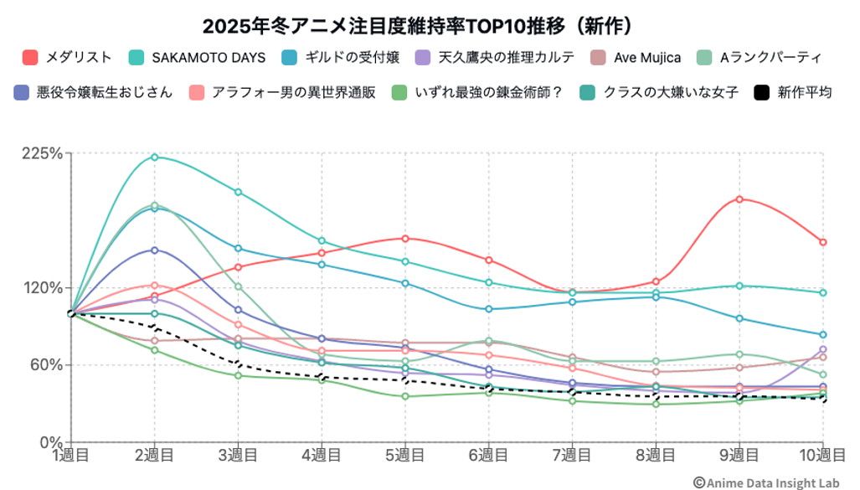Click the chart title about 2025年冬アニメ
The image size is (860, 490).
(x=429, y=23)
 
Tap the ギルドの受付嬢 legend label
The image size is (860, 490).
(x=352, y=57)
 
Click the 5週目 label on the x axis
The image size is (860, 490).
(x=404, y=455)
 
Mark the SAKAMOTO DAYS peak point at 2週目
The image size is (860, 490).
(x=154, y=157)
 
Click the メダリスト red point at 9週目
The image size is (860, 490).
(x=739, y=199)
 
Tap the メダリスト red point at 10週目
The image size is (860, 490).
(x=822, y=242)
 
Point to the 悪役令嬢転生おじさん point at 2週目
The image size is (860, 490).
(x=154, y=250)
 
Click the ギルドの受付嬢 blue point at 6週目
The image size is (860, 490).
(x=488, y=309)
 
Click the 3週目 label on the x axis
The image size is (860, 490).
(x=238, y=455)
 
